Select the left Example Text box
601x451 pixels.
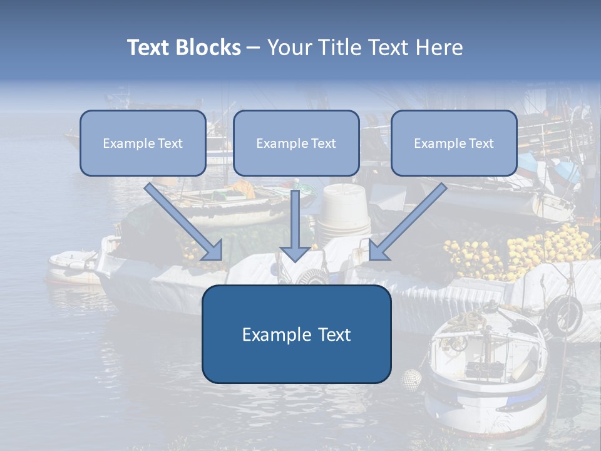click(x=143, y=143)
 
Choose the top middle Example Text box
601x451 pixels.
click(x=296, y=143)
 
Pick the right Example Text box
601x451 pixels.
click(x=454, y=143)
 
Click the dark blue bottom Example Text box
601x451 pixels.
click(x=296, y=334)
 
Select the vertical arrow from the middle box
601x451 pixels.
click(x=295, y=225)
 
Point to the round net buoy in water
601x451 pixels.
click(x=411, y=378)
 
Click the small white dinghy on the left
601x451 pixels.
click(x=74, y=266)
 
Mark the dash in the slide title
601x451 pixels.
click(x=254, y=48)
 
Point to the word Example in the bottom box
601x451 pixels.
click(x=272, y=334)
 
